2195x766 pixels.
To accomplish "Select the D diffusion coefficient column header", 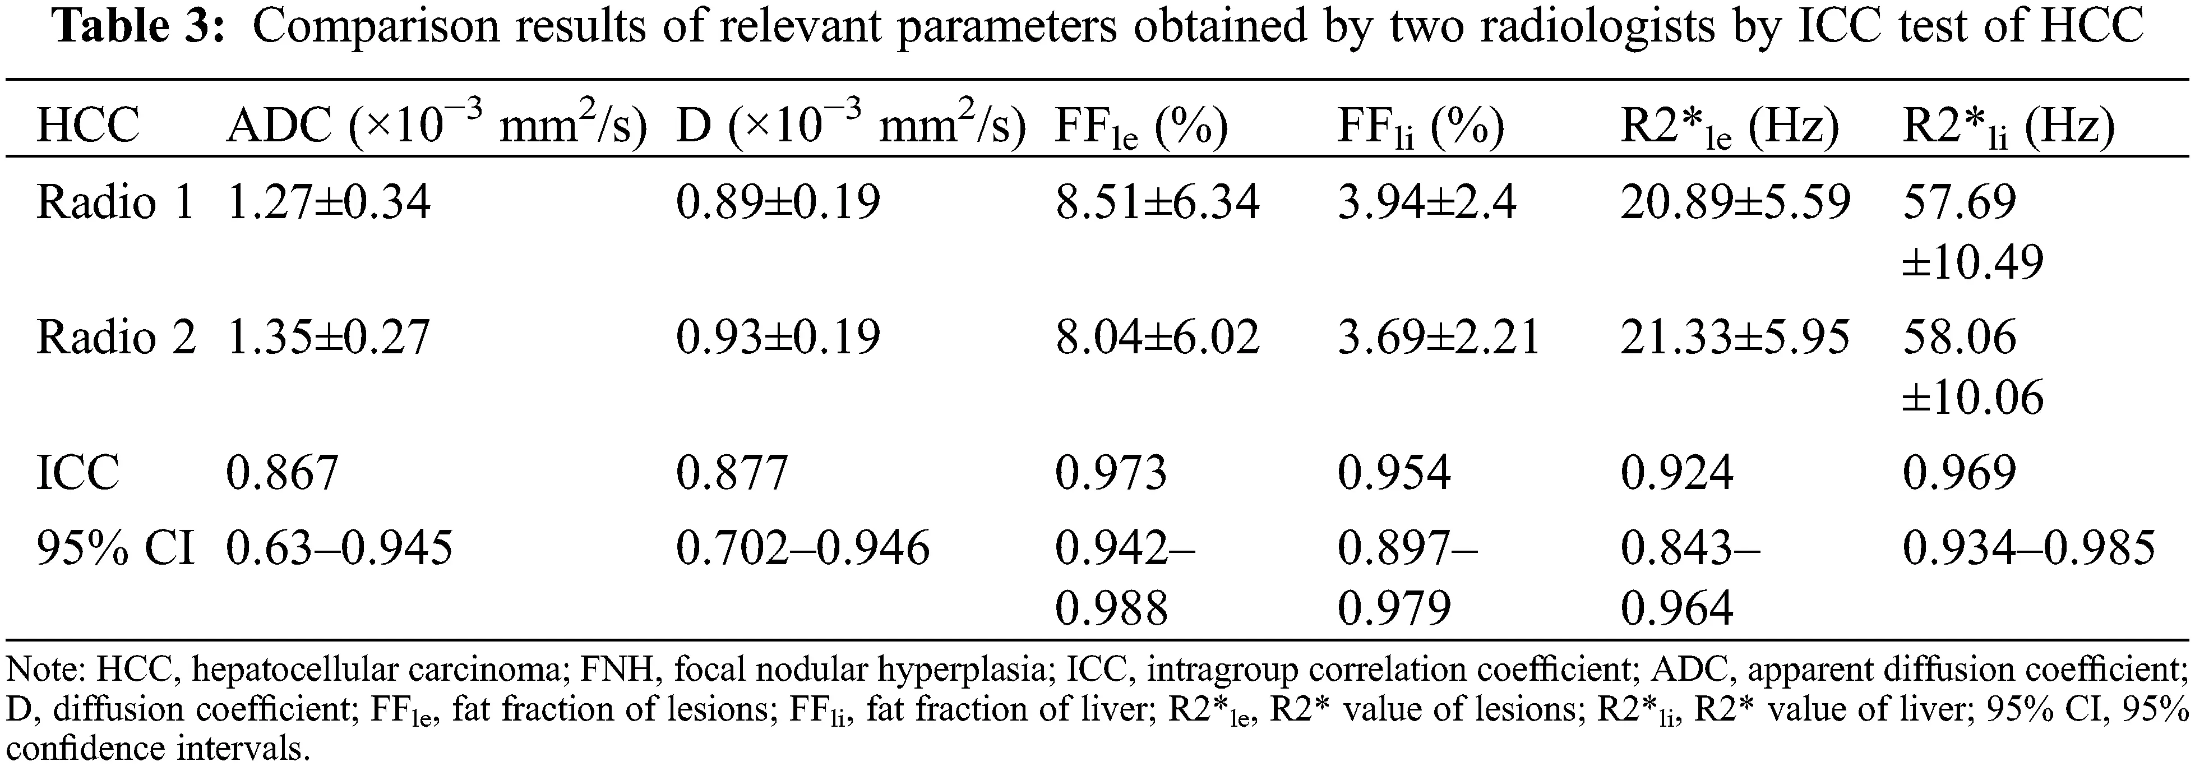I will click(x=849, y=124).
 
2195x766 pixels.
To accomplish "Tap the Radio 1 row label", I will click(x=115, y=203).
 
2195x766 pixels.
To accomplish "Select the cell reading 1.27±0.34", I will click(x=328, y=203).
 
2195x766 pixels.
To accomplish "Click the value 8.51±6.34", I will click(x=1156, y=203).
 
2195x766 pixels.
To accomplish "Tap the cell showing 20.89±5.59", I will click(x=1735, y=203).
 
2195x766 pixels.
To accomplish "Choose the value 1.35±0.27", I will click(x=328, y=338).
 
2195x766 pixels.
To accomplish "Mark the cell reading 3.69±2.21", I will click(x=1438, y=338).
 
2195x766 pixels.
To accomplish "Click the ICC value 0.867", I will click(x=282, y=472).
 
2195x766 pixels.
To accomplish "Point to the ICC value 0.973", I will click(x=1110, y=472).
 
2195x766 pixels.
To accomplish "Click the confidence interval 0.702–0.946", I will click(x=802, y=548).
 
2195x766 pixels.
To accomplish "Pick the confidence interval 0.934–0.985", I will click(x=2028, y=548).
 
